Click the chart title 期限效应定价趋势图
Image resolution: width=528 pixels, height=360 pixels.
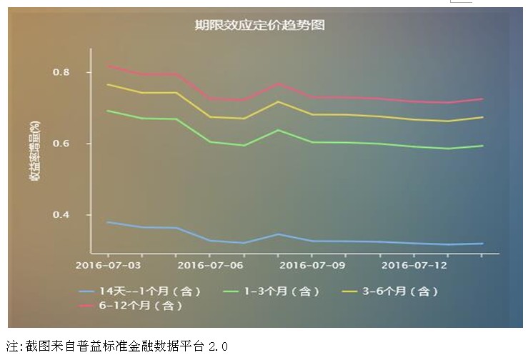260,25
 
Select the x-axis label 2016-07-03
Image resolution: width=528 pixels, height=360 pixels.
106,265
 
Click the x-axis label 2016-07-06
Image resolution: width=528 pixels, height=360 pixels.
209,265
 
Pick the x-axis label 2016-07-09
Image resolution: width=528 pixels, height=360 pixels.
312,265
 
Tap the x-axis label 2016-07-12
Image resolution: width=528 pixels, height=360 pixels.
415,265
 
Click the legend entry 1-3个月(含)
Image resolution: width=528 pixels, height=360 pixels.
272,291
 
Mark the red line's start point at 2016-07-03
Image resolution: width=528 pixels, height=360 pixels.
107,66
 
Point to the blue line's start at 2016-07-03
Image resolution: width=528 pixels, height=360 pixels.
107,222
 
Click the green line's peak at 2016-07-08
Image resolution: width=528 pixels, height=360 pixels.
278,130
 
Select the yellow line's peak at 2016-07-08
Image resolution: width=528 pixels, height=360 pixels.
278,101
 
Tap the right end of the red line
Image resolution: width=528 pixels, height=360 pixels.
483,99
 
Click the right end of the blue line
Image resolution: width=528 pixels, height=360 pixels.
483,244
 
